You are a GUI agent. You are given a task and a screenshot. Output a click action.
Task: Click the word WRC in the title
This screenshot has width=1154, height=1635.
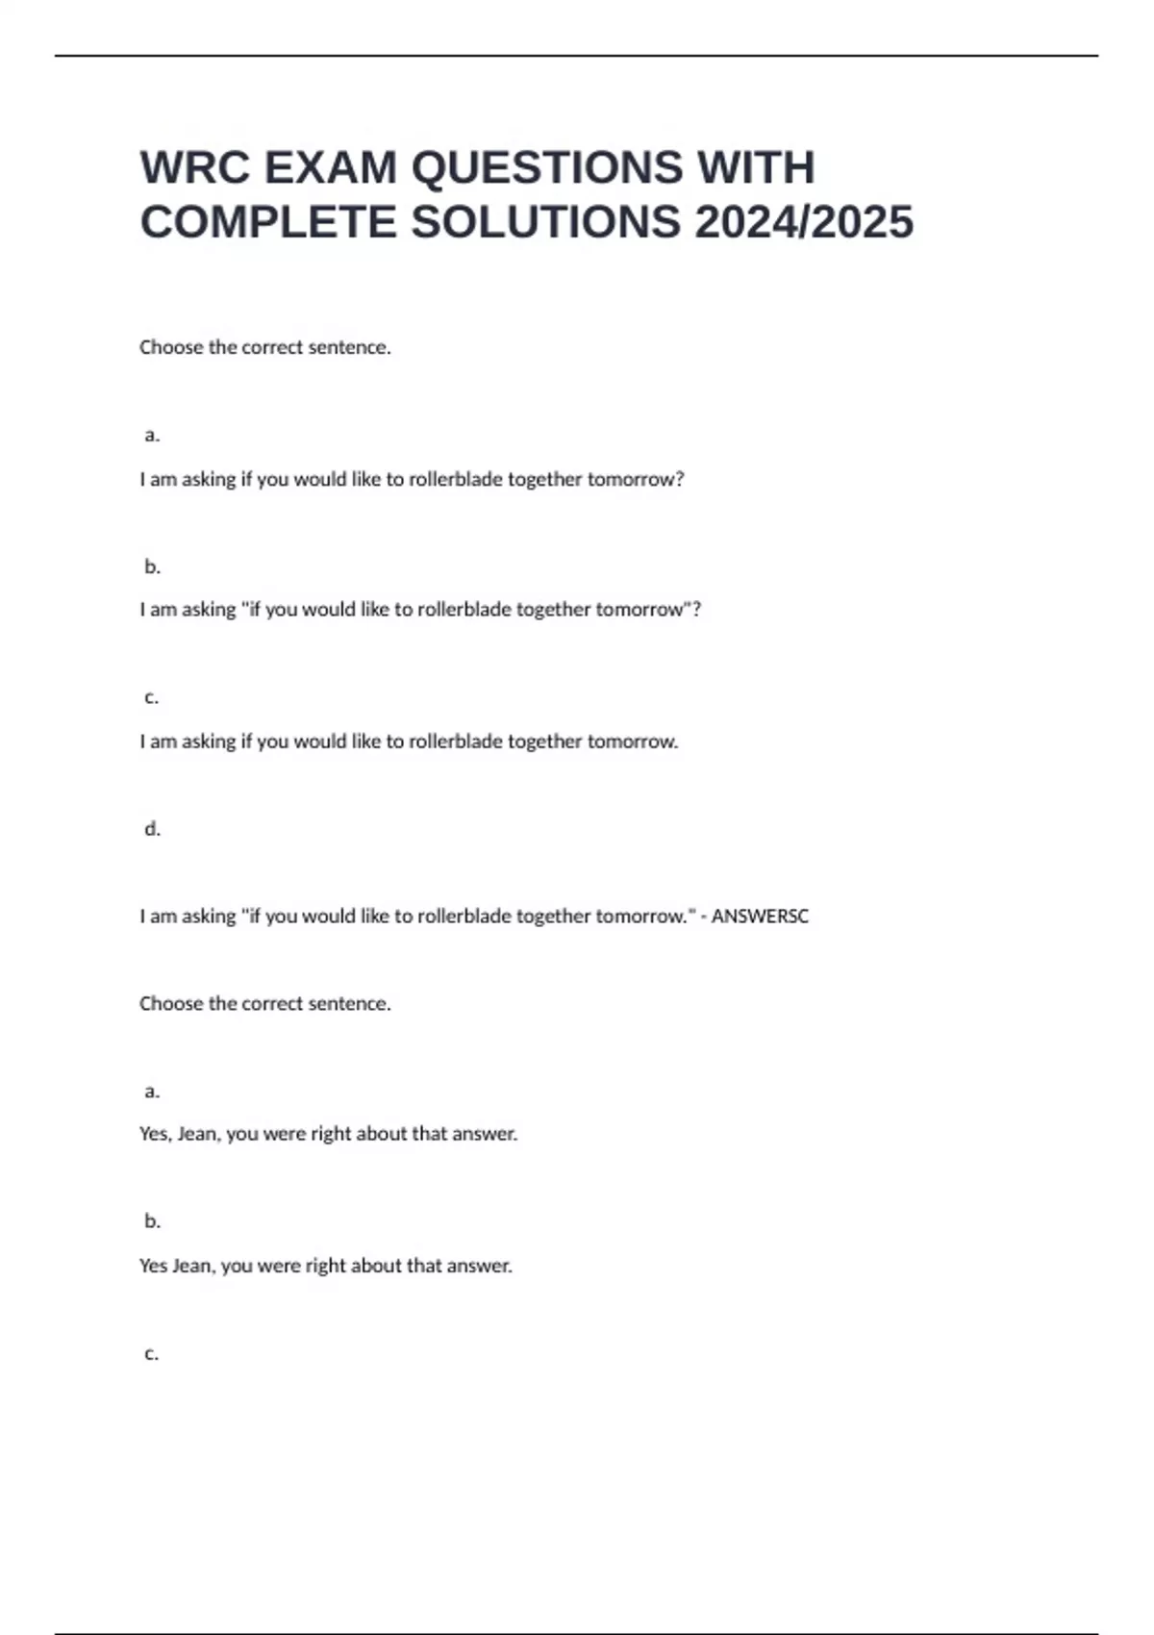[x=194, y=167]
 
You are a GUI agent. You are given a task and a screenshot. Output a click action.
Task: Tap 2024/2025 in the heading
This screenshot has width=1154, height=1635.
[x=804, y=222]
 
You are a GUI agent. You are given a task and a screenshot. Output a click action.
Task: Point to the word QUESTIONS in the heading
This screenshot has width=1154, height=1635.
[x=547, y=167]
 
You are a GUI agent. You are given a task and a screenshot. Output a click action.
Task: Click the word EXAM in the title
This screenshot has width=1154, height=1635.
[x=330, y=167]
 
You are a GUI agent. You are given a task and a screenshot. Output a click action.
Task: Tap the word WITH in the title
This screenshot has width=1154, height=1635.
[x=756, y=167]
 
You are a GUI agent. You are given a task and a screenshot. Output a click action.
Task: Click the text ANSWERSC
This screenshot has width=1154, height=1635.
[x=760, y=917]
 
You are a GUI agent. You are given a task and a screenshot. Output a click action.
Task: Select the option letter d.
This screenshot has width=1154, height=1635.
[x=152, y=829]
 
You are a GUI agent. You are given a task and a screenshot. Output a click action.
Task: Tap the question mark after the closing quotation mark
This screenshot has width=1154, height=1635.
[x=697, y=610]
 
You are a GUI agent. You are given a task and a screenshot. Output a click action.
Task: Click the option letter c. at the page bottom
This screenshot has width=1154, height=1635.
[x=152, y=1353]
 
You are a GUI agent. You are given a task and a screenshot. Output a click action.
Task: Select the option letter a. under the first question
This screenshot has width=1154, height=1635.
[x=152, y=435]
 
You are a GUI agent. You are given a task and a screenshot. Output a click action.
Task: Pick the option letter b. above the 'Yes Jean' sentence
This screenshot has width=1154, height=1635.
[x=152, y=1221]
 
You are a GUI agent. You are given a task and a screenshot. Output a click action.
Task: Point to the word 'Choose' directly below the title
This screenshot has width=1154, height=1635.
[x=171, y=347]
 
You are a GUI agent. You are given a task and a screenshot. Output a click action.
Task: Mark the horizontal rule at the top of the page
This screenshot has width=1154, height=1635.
[x=577, y=56]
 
